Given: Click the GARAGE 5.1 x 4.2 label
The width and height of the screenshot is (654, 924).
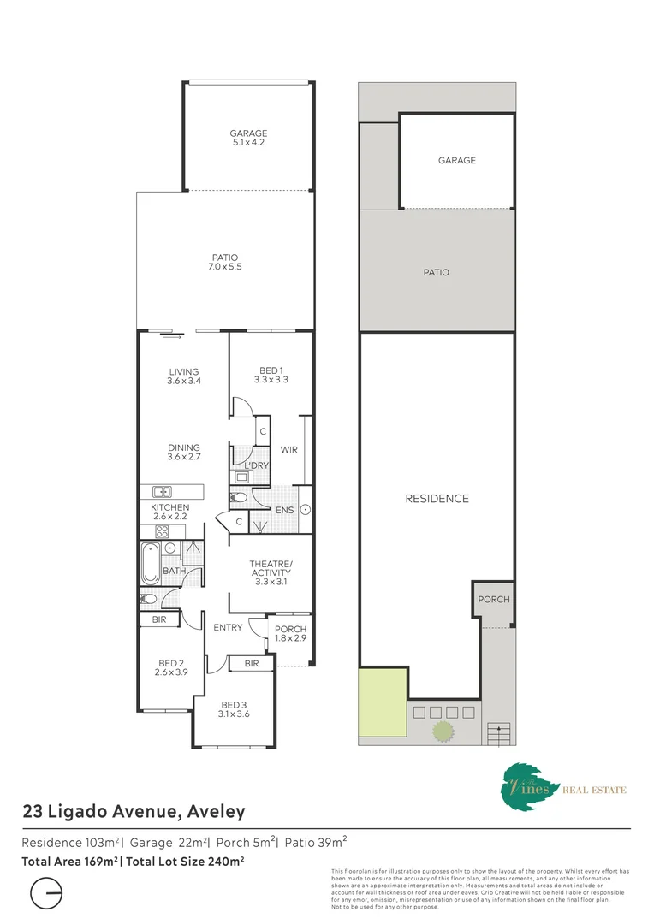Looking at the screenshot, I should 248,139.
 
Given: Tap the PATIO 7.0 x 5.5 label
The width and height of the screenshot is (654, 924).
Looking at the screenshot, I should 225,263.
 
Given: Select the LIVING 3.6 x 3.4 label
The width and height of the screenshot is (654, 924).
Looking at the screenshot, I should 184,376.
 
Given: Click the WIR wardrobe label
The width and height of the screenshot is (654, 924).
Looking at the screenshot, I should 288,450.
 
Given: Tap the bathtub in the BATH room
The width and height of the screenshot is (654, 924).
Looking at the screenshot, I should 150,564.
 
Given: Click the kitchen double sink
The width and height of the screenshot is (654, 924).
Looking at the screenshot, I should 162,492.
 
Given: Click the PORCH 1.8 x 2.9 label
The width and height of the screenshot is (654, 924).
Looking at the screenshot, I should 290,634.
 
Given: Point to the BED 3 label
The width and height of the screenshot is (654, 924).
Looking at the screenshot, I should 233,709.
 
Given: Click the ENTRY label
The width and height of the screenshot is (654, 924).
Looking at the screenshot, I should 229,627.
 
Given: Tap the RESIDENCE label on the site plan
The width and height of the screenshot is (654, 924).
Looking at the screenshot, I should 437,498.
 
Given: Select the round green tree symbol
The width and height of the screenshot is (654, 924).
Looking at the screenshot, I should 443,731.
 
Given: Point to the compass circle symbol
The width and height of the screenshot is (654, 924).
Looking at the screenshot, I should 47,895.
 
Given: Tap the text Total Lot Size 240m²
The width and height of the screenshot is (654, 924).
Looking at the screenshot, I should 185,862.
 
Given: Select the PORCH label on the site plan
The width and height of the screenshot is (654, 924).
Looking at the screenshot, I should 493,600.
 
